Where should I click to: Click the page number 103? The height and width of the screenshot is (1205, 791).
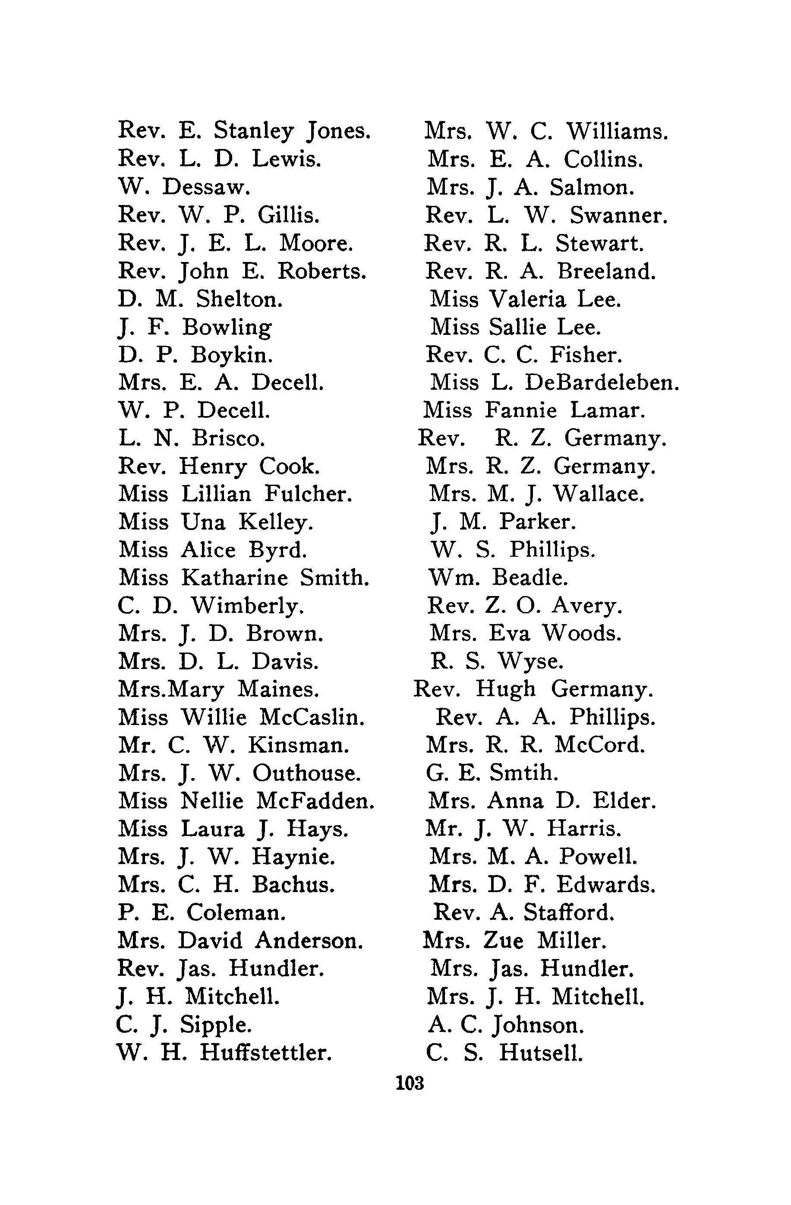[x=410, y=1083]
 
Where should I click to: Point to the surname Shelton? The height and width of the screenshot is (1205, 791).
[x=239, y=299]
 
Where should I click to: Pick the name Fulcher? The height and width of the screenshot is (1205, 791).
[x=308, y=494]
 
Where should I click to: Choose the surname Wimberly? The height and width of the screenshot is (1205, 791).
[x=247, y=606]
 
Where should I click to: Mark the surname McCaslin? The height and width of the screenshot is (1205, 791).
[x=312, y=717]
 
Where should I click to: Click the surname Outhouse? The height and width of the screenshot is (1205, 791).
[x=307, y=773]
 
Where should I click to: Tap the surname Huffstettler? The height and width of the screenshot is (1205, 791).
[x=266, y=1053]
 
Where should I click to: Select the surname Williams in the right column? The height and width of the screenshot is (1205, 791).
[x=617, y=132]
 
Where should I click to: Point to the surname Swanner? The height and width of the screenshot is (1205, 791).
[x=618, y=216]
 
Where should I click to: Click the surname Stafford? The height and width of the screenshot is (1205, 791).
[x=569, y=913]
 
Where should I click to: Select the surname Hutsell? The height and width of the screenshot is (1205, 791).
[x=540, y=1053]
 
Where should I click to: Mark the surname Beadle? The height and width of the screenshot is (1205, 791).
[x=530, y=577]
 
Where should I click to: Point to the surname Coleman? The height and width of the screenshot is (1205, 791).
[x=236, y=913]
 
